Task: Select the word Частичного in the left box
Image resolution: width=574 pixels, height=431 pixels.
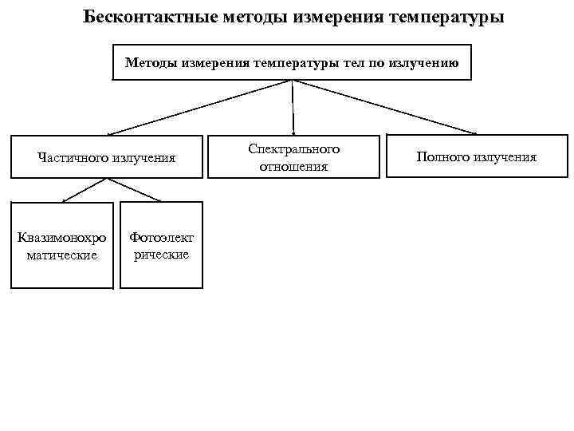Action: (75, 157)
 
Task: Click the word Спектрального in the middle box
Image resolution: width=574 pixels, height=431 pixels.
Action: (293, 149)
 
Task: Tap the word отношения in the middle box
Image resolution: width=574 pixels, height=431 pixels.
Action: (293, 167)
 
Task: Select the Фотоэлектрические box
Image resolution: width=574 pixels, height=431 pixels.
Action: (161, 245)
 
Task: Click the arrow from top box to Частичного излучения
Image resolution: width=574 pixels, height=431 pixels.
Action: (199, 107)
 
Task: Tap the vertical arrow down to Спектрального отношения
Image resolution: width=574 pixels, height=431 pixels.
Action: (293, 107)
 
